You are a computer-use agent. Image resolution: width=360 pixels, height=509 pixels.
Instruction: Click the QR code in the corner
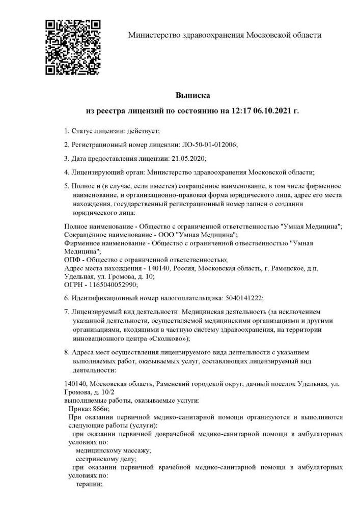[x=73, y=47]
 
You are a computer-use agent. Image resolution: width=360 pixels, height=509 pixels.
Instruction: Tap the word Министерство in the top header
[x=152, y=35]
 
